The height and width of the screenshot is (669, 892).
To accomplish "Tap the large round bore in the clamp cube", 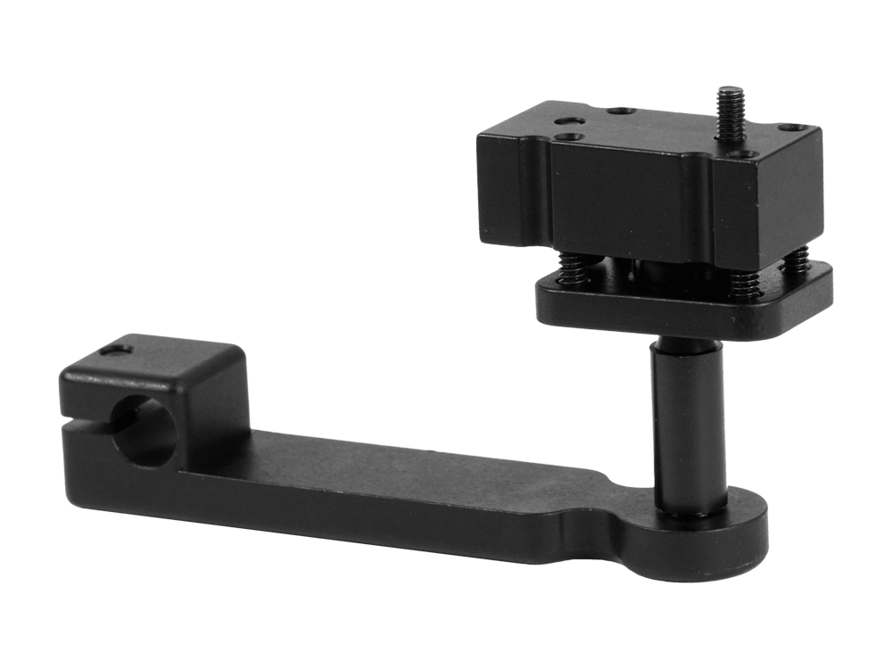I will coord(144,429).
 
